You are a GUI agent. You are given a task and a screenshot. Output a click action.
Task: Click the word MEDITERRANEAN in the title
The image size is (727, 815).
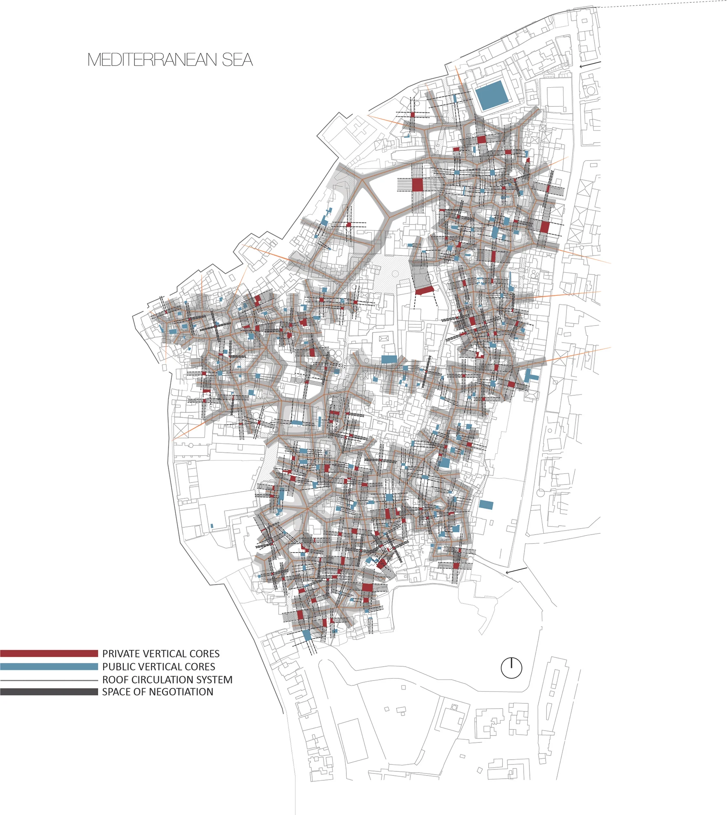(152, 60)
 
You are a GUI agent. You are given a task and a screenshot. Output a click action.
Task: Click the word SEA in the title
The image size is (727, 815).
(237, 60)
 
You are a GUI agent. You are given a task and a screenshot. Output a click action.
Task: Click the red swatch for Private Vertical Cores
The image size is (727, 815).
(49, 654)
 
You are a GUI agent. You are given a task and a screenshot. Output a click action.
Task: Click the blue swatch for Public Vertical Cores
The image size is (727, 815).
(49, 667)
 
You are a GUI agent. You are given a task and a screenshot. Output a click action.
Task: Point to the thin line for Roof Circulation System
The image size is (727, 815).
(49, 680)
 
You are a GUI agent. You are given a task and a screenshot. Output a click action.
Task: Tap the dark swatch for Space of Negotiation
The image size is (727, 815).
(49, 692)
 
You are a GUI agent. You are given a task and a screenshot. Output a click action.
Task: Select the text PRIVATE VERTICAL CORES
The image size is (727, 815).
(161, 654)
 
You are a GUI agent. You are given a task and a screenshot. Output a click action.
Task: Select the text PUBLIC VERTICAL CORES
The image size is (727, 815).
(159, 667)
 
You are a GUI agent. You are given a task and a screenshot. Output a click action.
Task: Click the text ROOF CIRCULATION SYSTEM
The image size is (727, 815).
(167, 680)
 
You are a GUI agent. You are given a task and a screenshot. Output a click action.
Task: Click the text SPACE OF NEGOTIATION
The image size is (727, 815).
(157, 692)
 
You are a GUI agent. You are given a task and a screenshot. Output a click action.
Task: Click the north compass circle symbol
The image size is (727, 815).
(511, 668)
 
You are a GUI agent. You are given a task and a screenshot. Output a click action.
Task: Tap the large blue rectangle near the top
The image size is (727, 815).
(492, 95)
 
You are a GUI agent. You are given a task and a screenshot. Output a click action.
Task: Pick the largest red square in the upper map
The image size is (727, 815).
(417, 185)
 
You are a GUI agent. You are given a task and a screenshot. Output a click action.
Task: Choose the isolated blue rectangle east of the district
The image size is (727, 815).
(486, 505)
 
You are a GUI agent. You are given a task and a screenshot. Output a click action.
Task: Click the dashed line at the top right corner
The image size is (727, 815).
(660, 4)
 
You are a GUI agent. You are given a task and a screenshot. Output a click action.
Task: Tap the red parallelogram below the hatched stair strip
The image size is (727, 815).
(424, 290)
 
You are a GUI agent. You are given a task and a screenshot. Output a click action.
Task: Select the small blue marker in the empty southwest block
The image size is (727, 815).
(212, 526)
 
